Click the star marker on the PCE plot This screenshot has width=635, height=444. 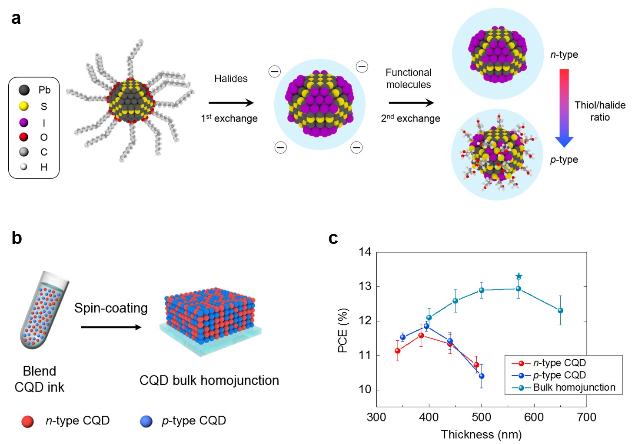[519, 276]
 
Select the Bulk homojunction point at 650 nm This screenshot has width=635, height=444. [560, 310]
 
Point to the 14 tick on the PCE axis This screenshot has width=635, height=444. [365, 252]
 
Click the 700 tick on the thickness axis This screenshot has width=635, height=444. [586, 417]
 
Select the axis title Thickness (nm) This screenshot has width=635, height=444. [481, 434]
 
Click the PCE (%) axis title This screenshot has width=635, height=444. [342, 330]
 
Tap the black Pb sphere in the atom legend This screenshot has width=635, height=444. [24, 90]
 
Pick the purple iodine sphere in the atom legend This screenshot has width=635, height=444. [24, 123]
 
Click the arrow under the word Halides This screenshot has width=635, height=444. [231, 103]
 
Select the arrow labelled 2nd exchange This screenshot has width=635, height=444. [411, 103]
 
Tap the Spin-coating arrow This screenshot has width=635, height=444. [111, 327]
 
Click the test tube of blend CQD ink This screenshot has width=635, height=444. [43, 310]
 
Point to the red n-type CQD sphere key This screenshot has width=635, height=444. [27, 421]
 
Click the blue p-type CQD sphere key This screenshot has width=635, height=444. [146, 421]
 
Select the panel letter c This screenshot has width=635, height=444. [333, 238]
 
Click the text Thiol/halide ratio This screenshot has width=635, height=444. [600, 111]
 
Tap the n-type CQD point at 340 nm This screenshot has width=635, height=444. [397, 351]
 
